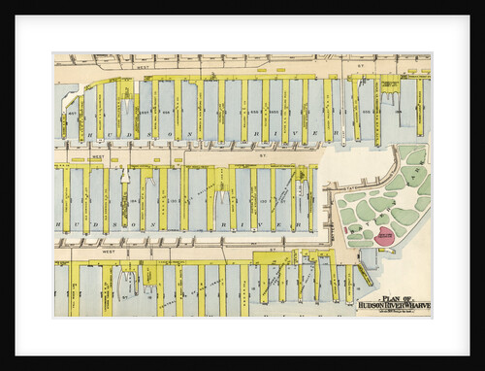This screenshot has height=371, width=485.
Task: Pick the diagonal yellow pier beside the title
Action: (x=363, y=275)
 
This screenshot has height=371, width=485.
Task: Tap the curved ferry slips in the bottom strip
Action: (x=129, y=284)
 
